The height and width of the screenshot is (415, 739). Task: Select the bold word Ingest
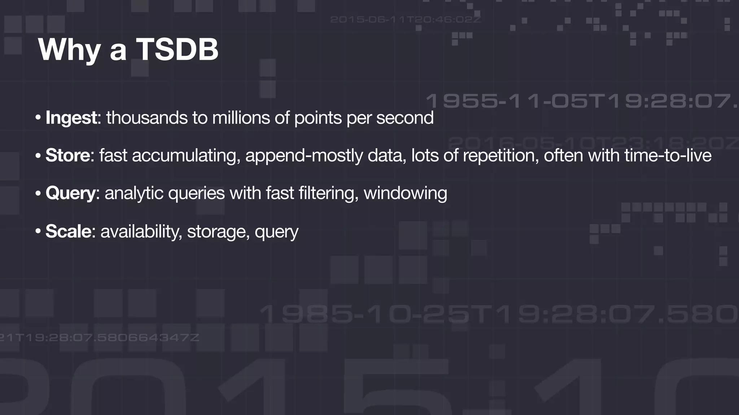[71, 118]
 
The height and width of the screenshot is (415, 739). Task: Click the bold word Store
[67, 156]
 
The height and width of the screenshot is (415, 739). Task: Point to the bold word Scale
[68, 231]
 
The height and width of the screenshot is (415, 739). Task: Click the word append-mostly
[304, 156]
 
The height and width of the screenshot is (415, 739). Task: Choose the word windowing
[405, 193]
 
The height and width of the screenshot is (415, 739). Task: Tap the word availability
[141, 231]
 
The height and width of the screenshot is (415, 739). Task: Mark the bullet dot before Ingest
[38, 118]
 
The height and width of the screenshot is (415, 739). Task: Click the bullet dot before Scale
[38, 231]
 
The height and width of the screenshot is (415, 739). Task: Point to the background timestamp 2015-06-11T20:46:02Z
[405, 19]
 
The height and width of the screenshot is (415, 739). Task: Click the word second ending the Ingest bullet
[405, 118]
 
